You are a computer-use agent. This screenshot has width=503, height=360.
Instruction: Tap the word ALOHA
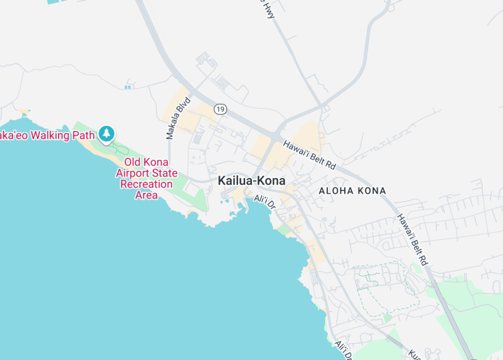[x=335, y=191]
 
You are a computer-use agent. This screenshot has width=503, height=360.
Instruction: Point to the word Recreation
[x=146, y=184]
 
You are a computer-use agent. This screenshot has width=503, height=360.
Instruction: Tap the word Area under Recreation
[x=146, y=195]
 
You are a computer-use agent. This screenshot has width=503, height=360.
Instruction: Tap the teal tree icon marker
[x=106, y=133]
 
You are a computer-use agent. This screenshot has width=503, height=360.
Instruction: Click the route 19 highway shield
[x=220, y=109]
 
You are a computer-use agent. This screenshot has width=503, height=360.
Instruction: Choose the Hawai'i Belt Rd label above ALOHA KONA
[x=309, y=155]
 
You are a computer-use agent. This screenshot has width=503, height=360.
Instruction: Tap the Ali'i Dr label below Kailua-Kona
[x=264, y=202]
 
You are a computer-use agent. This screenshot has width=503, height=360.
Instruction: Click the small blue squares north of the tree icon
[x=127, y=87]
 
